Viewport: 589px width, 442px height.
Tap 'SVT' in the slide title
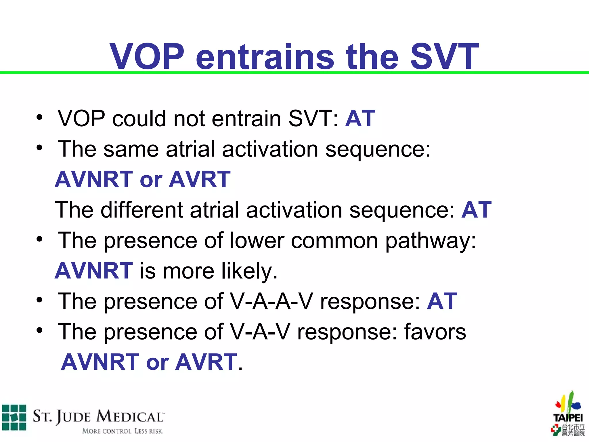pyautogui.click(x=444, y=57)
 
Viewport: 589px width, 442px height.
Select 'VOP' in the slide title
pyautogui.click(x=147, y=57)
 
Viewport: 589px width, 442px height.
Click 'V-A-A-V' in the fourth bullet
pyautogui.click(x=271, y=301)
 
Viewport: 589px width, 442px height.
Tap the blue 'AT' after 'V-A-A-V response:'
pyautogui.click(x=442, y=301)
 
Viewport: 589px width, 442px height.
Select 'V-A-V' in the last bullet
pyautogui.click(x=260, y=332)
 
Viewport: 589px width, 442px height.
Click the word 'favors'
pyautogui.click(x=435, y=332)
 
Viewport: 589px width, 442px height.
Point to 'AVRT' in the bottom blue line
pyautogui.click(x=206, y=362)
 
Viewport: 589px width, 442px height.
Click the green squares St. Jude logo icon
pyautogui.click(x=14, y=417)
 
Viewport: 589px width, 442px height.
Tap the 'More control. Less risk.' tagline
pyautogui.click(x=123, y=431)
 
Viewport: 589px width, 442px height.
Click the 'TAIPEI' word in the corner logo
pyautogui.click(x=568, y=418)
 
